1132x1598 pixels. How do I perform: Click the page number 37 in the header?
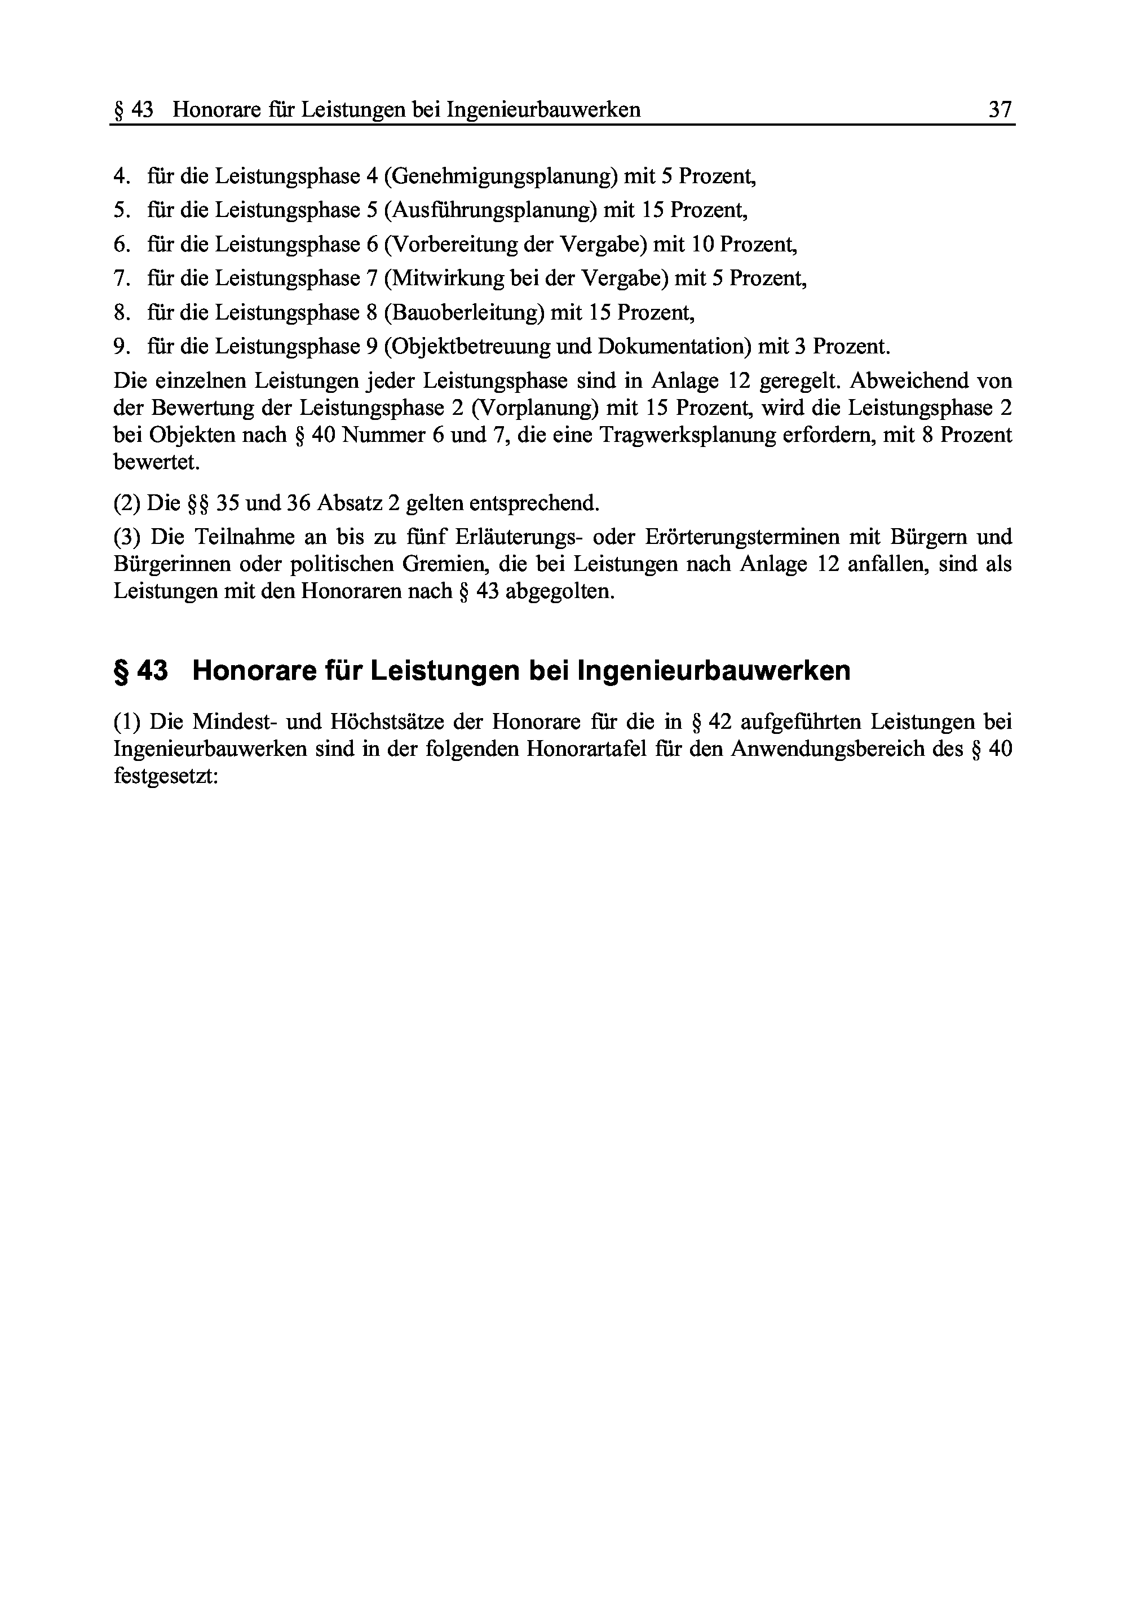pyautogui.click(x=1000, y=109)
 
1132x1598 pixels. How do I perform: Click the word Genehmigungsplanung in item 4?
pyautogui.click(x=501, y=176)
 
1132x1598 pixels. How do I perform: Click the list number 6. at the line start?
pyautogui.click(x=122, y=245)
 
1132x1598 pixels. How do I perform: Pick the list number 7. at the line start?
pyautogui.click(x=122, y=279)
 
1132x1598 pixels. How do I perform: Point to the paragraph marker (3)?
pyautogui.click(x=127, y=537)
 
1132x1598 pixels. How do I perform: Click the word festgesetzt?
pyautogui.click(x=166, y=776)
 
